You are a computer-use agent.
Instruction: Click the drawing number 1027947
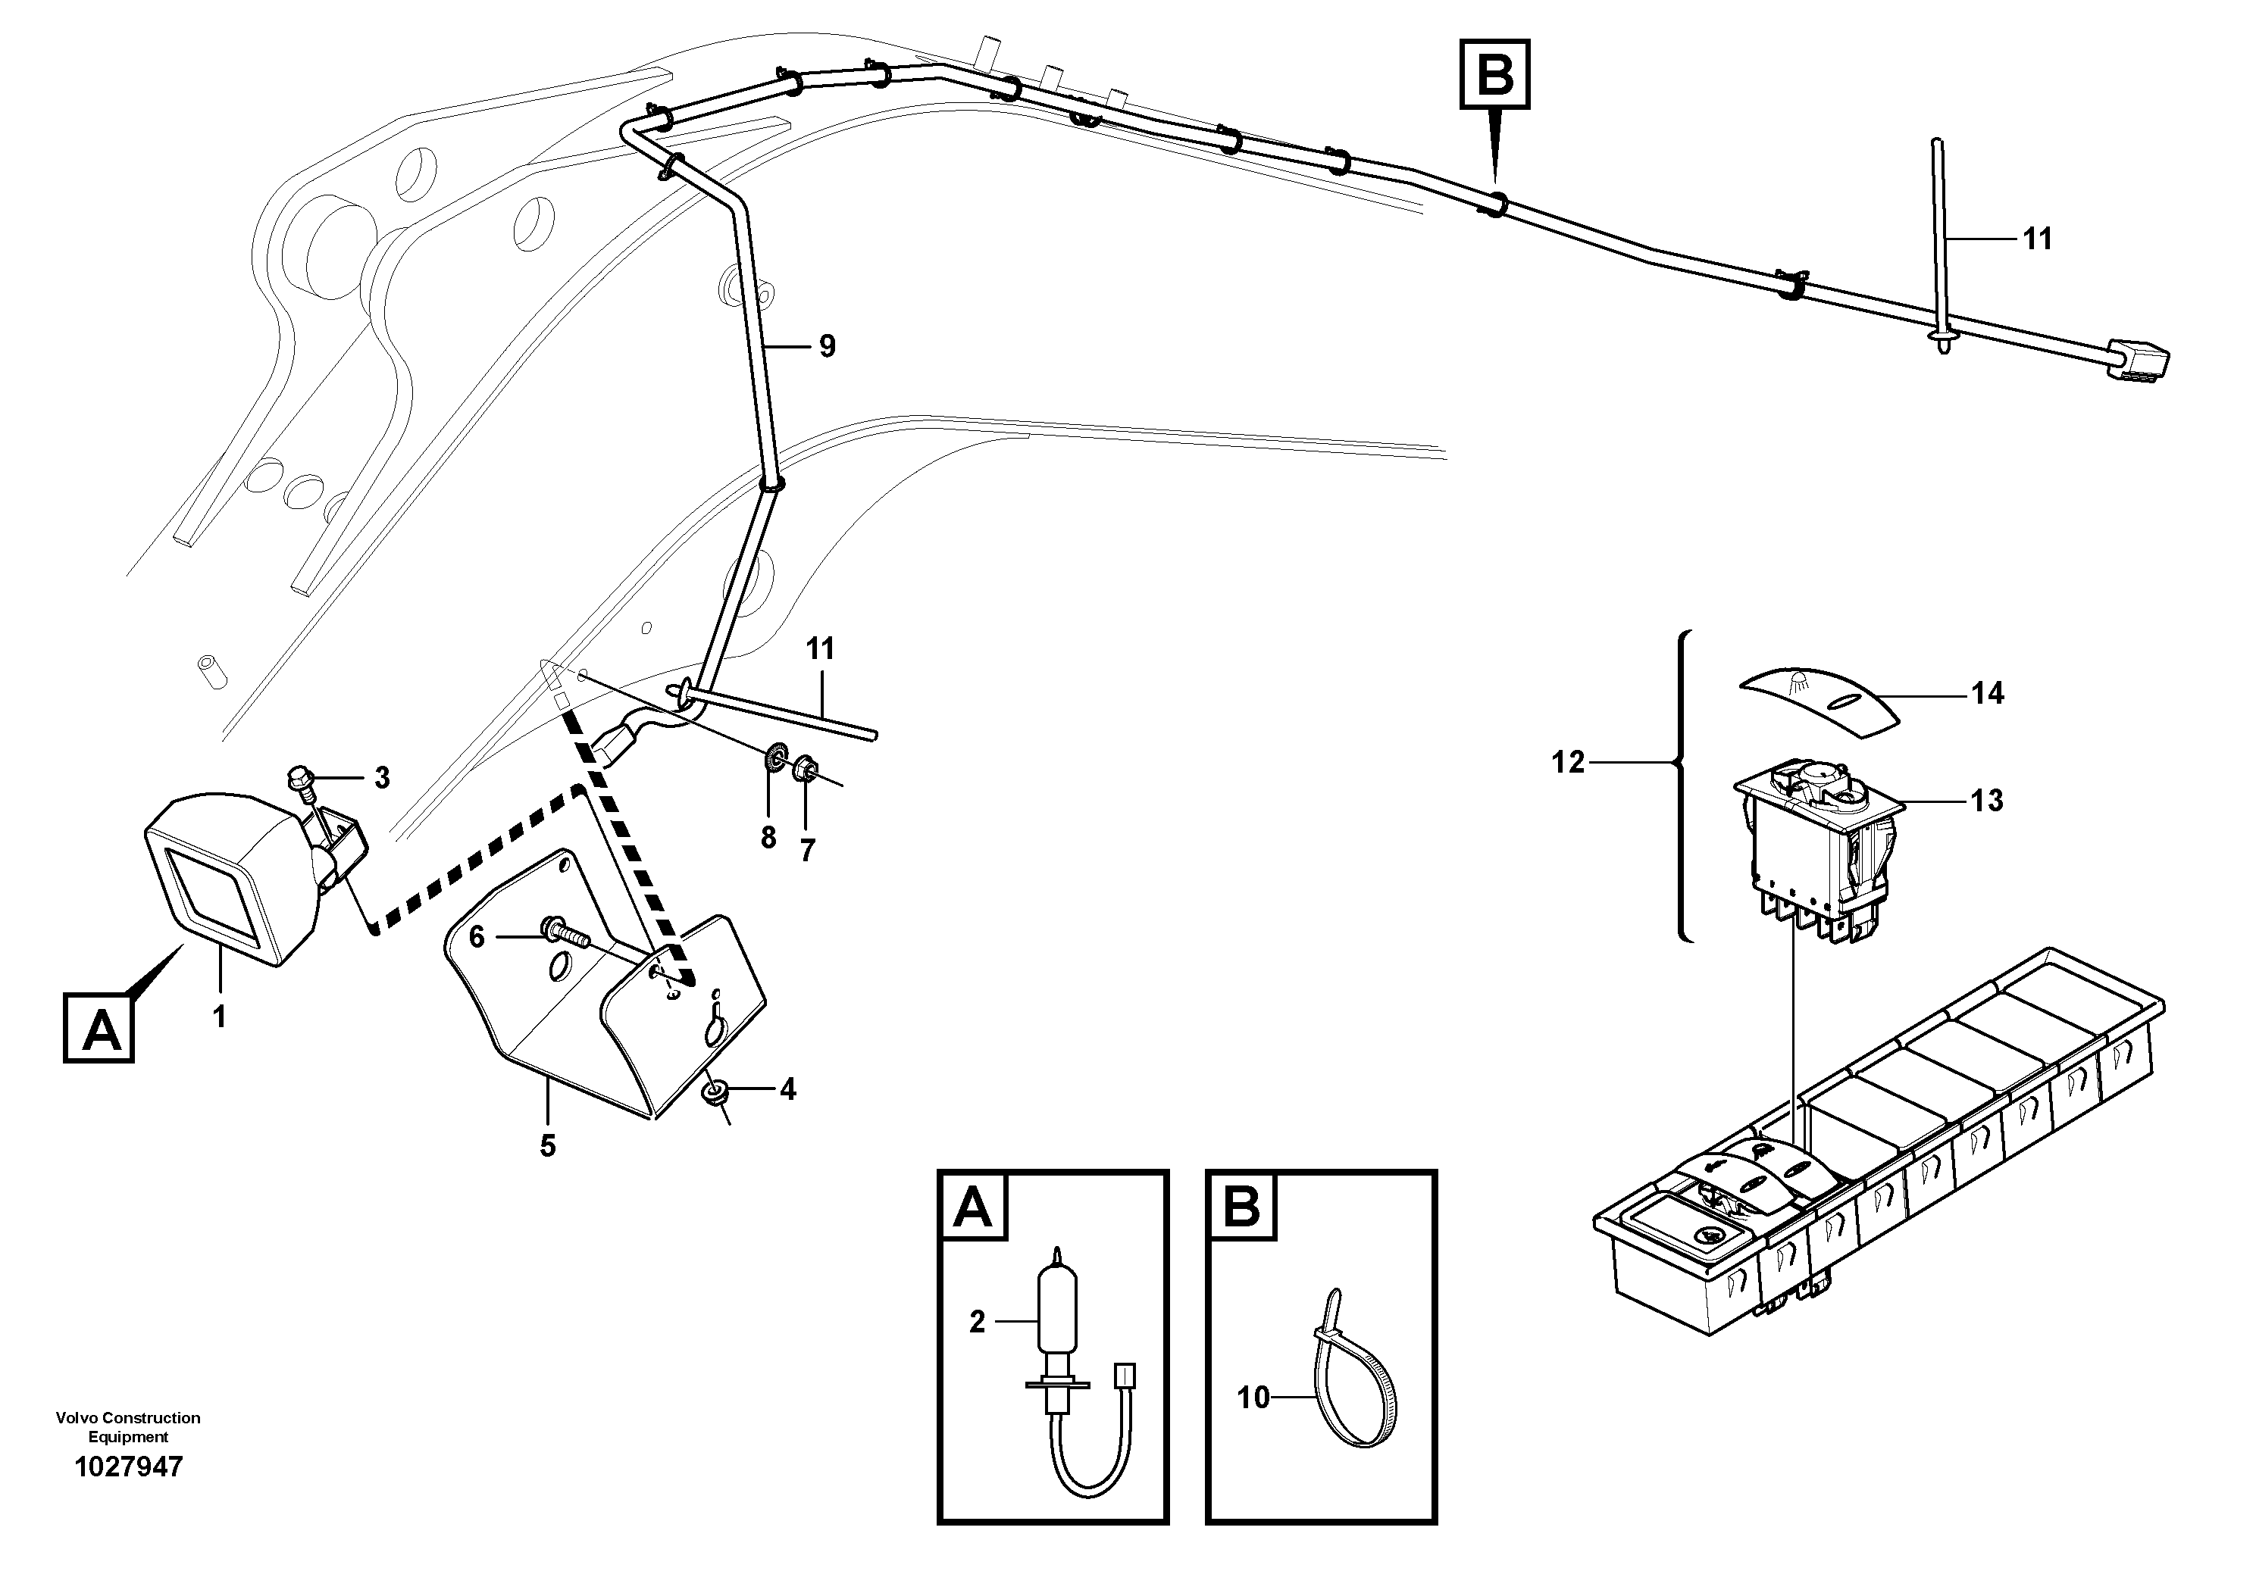[x=128, y=1467]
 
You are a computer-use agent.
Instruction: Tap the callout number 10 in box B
[x=1253, y=1397]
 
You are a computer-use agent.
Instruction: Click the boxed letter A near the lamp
[x=99, y=1028]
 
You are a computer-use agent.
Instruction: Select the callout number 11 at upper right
[x=2037, y=239]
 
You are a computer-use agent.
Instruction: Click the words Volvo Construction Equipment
[x=128, y=1427]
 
